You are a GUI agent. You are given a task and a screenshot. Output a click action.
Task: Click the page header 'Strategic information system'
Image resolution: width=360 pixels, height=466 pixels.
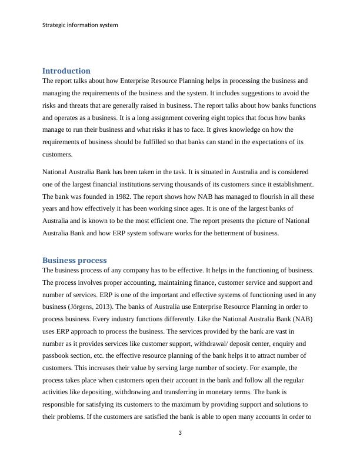click(81, 25)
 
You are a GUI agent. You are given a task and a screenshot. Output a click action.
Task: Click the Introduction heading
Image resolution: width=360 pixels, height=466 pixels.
click(66, 71)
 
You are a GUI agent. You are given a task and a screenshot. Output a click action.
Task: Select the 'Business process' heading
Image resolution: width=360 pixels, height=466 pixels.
click(74, 260)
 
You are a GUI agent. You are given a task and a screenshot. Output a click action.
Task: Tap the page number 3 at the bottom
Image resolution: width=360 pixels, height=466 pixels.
click(180, 434)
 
